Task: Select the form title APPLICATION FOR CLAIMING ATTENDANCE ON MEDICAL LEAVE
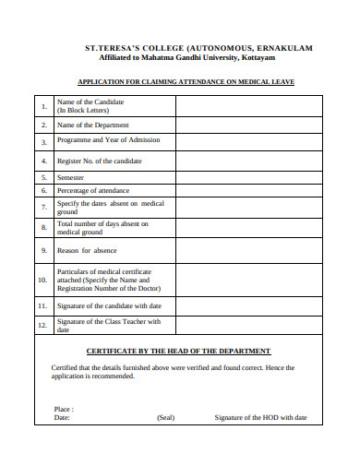click(x=186, y=82)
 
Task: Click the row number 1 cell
click(x=43, y=106)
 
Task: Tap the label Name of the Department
click(x=93, y=125)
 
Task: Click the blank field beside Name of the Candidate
click(x=247, y=106)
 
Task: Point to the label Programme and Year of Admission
click(x=108, y=140)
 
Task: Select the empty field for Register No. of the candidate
click(x=247, y=160)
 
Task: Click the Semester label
click(x=71, y=176)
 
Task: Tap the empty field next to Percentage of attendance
click(x=247, y=191)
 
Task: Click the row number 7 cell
click(x=43, y=208)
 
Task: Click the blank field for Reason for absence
click(x=247, y=250)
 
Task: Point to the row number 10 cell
click(x=43, y=279)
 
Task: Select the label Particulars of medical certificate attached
click(x=103, y=280)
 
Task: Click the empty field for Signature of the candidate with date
click(x=247, y=305)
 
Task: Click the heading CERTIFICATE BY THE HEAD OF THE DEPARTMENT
click(x=191, y=351)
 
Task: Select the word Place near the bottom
click(x=64, y=408)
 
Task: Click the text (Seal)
click(x=166, y=417)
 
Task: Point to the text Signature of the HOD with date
click(x=260, y=417)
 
